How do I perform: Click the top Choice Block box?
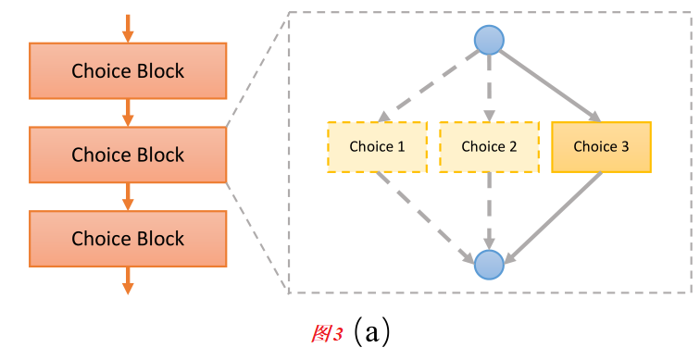(128, 71)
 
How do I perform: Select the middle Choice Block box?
(128, 155)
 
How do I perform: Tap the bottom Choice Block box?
(128, 239)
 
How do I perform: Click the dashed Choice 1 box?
(377, 146)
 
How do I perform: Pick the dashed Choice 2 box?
(489, 146)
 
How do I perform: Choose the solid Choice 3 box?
(601, 146)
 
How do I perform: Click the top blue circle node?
(489, 41)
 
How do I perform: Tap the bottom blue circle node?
(489, 265)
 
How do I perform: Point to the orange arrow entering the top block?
(128, 28)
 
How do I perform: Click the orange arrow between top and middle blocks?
(128, 113)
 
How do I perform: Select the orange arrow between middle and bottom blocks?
(128, 196)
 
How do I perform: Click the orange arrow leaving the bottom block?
(128, 280)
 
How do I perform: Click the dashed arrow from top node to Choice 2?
(489, 88)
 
